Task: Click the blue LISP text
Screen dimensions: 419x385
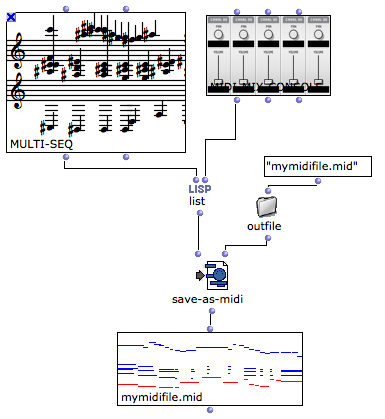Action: coord(198,187)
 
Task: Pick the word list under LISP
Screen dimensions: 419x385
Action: coord(198,201)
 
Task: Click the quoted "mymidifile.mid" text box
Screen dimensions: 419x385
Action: coord(311,166)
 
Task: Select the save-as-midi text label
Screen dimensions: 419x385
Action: coord(211,299)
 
